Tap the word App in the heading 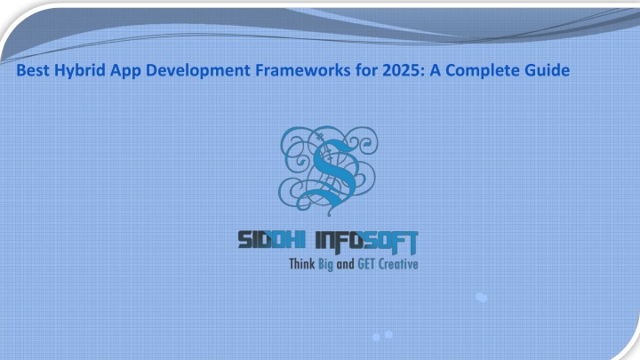(125, 71)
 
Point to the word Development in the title (198, 71)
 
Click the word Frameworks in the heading (303, 70)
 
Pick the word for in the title (366, 70)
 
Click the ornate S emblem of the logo (329, 170)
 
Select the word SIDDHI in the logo (271, 240)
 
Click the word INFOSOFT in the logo (367, 242)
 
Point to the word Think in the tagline (301, 264)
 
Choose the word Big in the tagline (325, 265)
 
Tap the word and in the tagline (345, 264)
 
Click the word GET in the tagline (366, 264)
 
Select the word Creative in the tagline (398, 264)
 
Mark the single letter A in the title (435, 70)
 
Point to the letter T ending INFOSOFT (410, 243)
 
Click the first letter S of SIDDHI (245, 240)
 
